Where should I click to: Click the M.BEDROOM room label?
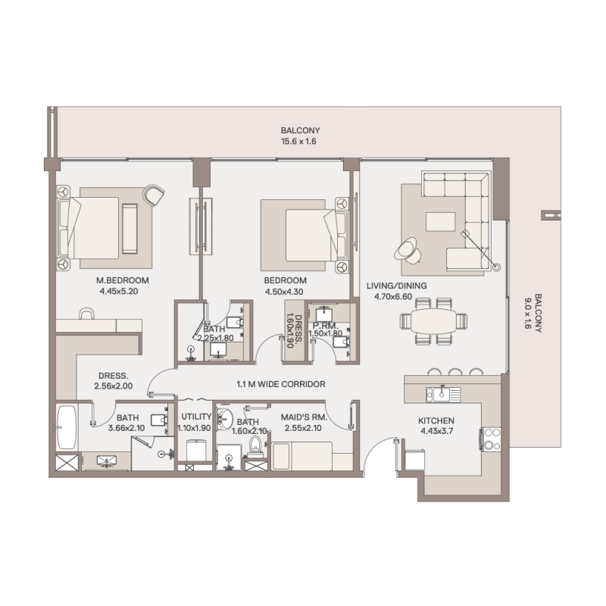pyautogui.click(x=123, y=280)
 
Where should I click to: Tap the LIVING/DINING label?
pyautogui.click(x=396, y=286)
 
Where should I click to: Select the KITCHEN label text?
pyautogui.click(x=436, y=421)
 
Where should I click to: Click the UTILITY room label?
pyautogui.click(x=195, y=417)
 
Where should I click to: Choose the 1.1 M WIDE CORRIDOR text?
pyautogui.click(x=280, y=385)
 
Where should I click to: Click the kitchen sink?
pyautogui.click(x=442, y=394)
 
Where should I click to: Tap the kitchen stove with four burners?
pyautogui.click(x=491, y=439)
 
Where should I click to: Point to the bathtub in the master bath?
pyautogui.click(x=67, y=429)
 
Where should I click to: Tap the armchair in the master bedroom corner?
pyautogui.click(x=155, y=195)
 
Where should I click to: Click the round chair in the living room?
pyautogui.click(x=405, y=248)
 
